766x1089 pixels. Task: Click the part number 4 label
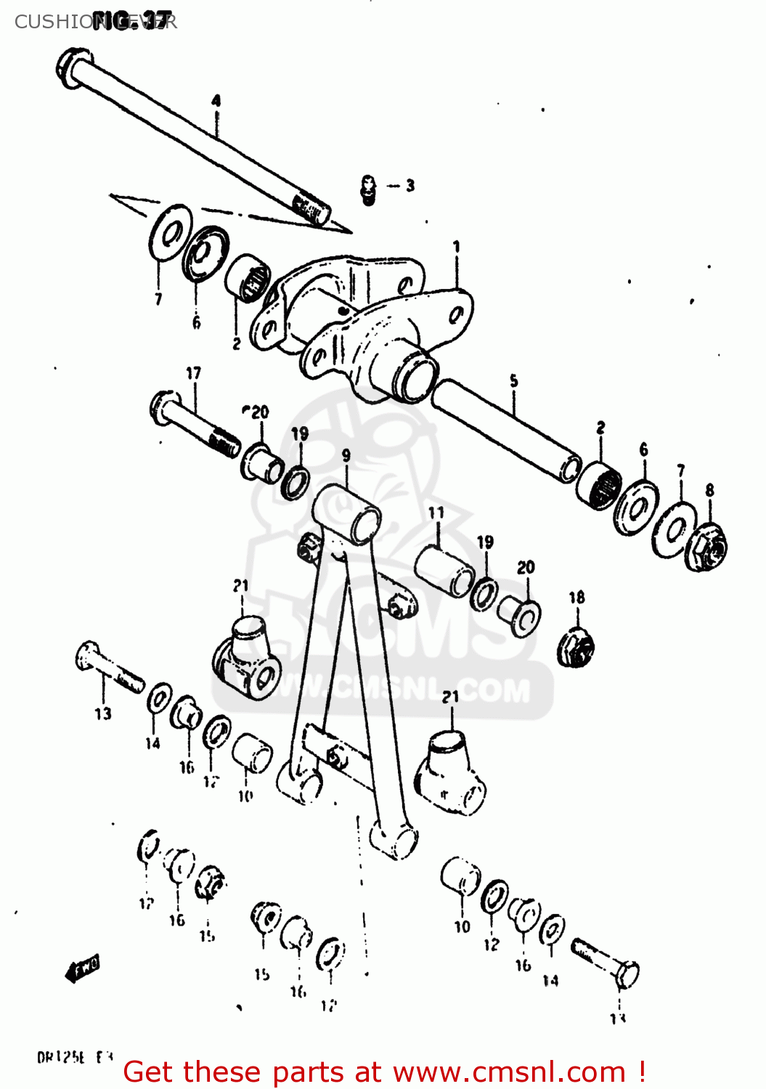click(x=216, y=101)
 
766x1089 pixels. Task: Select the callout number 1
click(x=457, y=247)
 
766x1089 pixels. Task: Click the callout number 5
click(x=514, y=380)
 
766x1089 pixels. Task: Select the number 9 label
click(x=346, y=456)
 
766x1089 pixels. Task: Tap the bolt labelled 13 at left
click(x=109, y=668)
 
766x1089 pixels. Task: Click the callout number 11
click(x=436, y=513)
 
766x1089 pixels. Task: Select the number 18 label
click(x=576, y=597)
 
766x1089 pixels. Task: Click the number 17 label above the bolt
click(x=193, y=373)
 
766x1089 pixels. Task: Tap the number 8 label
click(x=709, y=491)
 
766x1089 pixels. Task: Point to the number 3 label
click(x=410, y=186)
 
